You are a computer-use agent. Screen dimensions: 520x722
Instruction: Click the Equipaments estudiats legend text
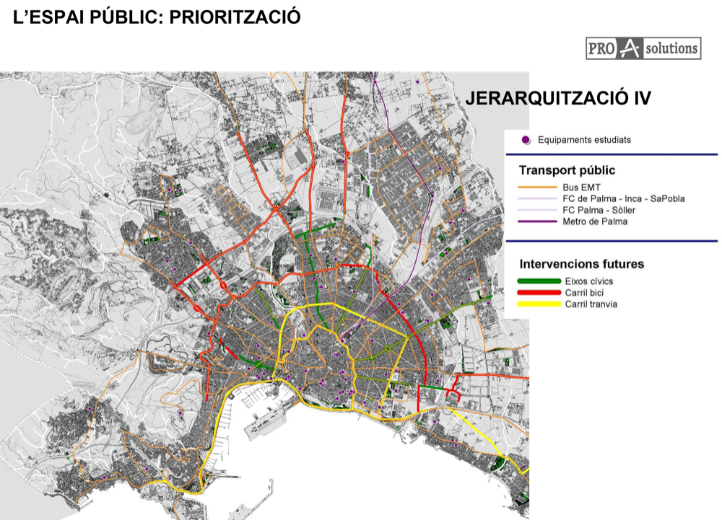point(584,140)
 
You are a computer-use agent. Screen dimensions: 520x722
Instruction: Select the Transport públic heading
point(567,171)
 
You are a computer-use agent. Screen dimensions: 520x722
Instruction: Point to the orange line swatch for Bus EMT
point(539,188)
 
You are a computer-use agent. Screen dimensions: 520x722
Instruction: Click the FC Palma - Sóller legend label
point(599,210)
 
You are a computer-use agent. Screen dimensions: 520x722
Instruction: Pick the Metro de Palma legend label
point(595,221)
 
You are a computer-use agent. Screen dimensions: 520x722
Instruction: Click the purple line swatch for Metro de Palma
point(539,221)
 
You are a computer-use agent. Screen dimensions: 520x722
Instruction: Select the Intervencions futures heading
point(581,264)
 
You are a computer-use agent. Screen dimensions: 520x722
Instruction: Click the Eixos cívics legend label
point(589,281)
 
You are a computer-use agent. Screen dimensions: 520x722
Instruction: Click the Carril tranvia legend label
point(591,304)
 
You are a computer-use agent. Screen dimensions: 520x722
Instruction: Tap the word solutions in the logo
point(672,49)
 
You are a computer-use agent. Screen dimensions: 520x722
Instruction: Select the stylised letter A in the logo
point(630,49)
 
